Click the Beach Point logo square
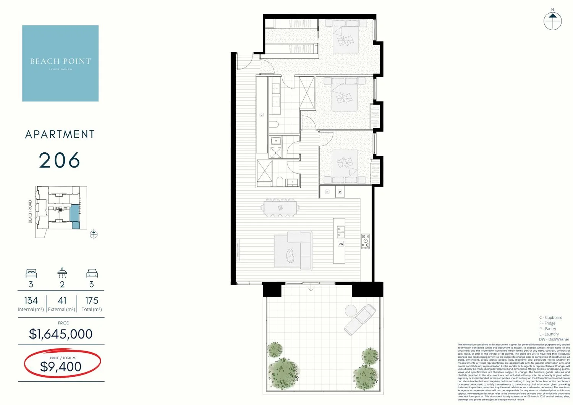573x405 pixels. [x=60, y=63]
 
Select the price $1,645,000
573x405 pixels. [x=61, y=334]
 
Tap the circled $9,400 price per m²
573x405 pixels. [x=61, y=366]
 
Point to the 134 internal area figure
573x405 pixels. [x=31, y=301]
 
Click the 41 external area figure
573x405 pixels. [x=62, y=301]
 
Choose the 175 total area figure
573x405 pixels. [x=92, y=301]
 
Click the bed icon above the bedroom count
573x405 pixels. [x=31, y=273]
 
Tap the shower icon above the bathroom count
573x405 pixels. [x=62, y=273]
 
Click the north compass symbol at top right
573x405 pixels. [x=552, y=21]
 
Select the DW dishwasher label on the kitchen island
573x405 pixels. [x=341, y=244]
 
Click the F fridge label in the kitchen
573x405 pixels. [x=327, y=192]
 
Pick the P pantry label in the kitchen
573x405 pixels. [x=340, y=192]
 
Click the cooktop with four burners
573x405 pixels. [x=366, y=242]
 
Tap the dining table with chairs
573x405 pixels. [x=280, y=208]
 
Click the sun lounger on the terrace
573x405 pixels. [x=360, y=319]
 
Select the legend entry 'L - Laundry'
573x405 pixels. [x=549, y=334]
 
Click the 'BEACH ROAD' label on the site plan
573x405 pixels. [x=31, y=212]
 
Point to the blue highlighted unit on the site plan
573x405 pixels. [x=75, y=216]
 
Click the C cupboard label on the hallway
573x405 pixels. [x=262, y=115]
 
